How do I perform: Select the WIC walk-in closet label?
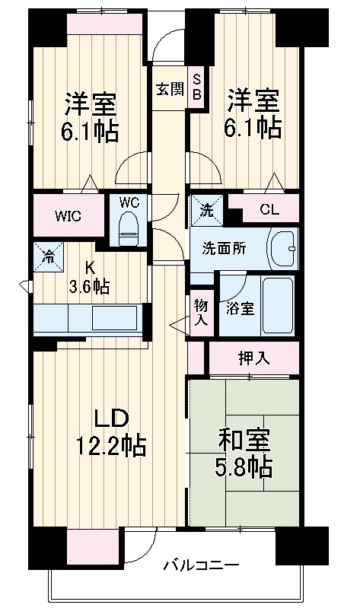(x=67, y=215)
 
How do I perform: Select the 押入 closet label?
(x=253, y=358)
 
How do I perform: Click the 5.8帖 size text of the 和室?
(x=245, y=466)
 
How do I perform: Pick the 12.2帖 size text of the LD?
(x=112, y=444)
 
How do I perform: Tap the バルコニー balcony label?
(x=202, y=565)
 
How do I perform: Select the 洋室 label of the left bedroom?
(x=90, y=103)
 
